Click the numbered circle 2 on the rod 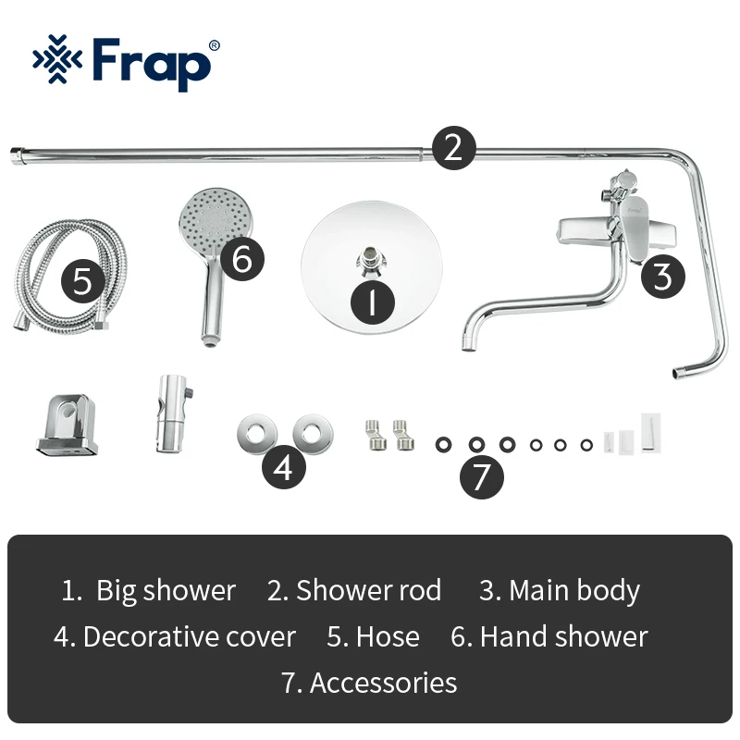pyautogui.click(x=452, y=147)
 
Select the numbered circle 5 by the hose pyautogui.click(x=84, y=281)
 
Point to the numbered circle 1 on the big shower pyautogui.click(x=372, y=302)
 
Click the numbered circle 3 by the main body pyautogui.click(x=662, y=275)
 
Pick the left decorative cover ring pyautogui.click(x=251, y=432)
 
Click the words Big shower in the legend pyautogui.click(x=166, y=590)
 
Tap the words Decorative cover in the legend pyautogui.click(x=189, y=636)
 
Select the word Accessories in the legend pyautogui.click(x=383, y=683)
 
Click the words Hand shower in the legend pyautogui.click(x=563, y=636)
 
